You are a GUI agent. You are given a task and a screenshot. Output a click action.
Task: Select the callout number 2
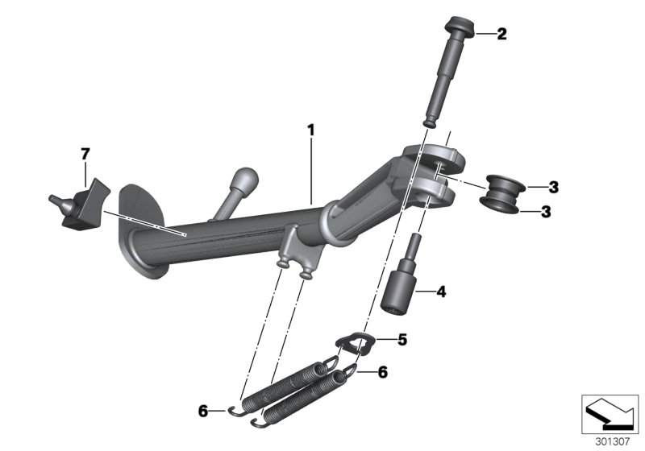(501, 34)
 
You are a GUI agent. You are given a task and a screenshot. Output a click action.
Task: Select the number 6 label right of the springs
(383, 372)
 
